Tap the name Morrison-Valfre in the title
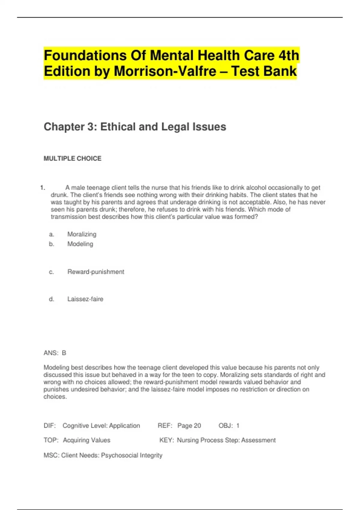pyautogui.click(x=165, y=71)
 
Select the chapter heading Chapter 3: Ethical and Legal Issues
pyautogui.click(x=135, y=127)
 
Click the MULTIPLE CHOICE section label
pyautogui.click(x=72, y=158)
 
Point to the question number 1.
pyautogui.click(x=42, y=188)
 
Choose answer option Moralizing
pyautogui.click(x=82, y=234)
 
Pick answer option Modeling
pyautogui.click(x=80, y=244)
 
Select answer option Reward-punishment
pyautogui.click(x=96, y=272)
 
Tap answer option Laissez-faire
pyautogui.click(x=85, y=299)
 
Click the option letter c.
pyautogui.click(x=51, y=272)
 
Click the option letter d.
pyautogui.click(x=51, y=299)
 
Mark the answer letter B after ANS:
pyautogui.click(x=64, y=353)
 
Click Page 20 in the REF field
pyautogui.click(x=189, y=426)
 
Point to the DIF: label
pyautogui.click(x=49, y=426)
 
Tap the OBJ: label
pyautogui.click(x=226, y=426)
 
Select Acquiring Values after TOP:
pyautogui.click(x=86, y=440)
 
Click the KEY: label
pyautogui.click(x=166, y=440)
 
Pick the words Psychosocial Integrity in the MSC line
pyautogui.click(x=131, y=455)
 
